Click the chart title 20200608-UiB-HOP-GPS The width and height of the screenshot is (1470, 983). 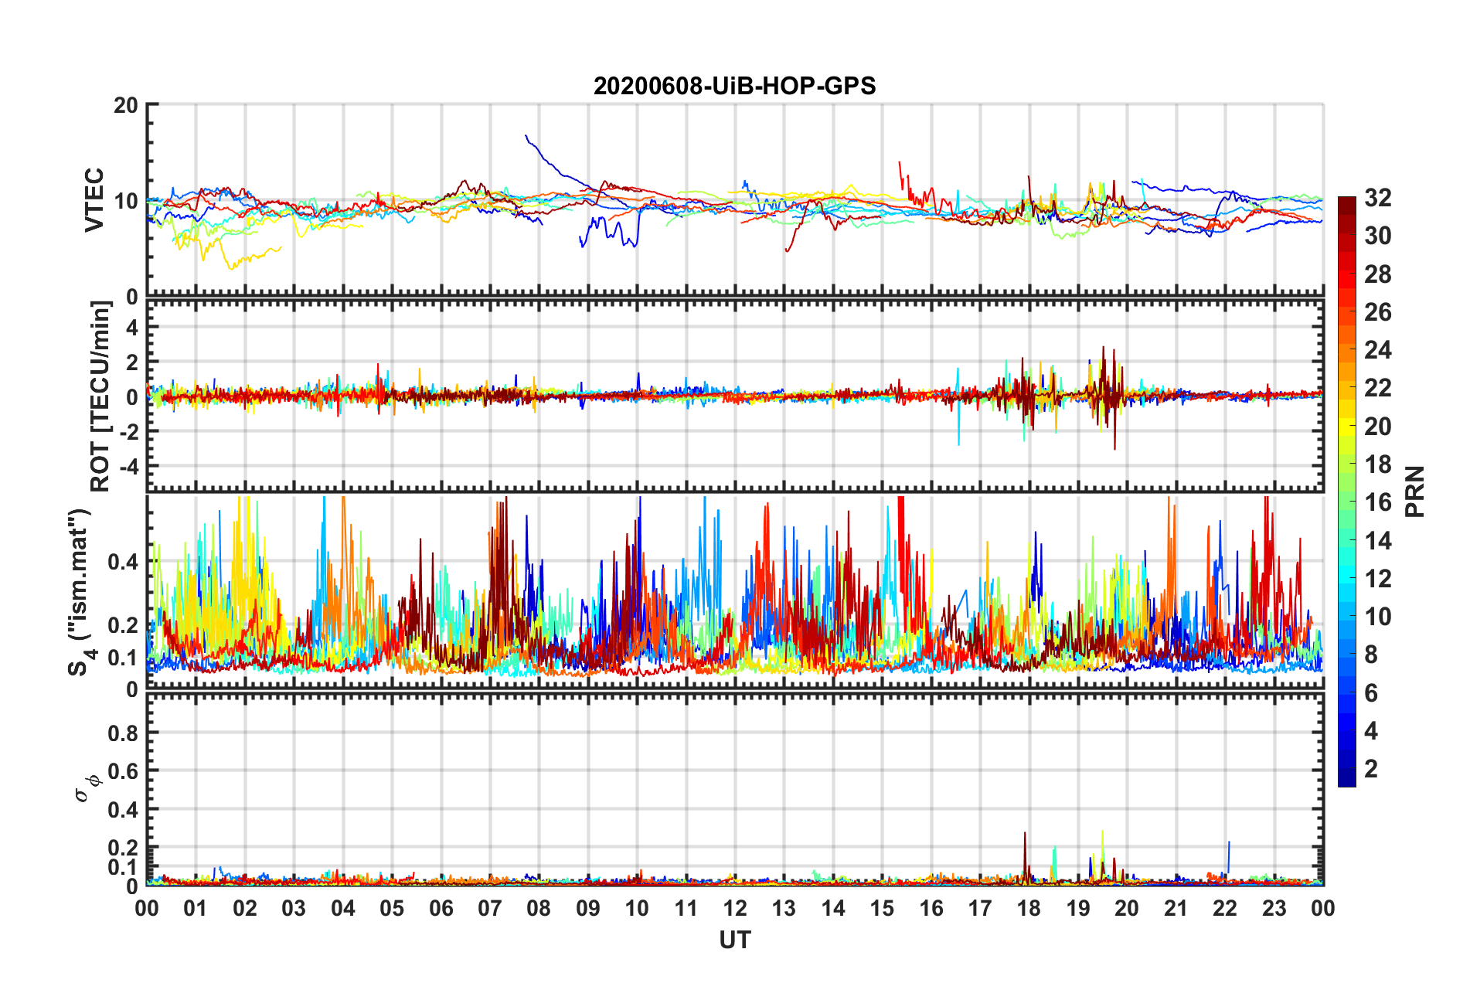click(734, 86)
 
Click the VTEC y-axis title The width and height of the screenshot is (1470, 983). click(94, 199)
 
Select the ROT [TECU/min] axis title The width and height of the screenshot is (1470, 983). click(100, 396)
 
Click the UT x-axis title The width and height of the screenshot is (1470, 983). click(734, 940)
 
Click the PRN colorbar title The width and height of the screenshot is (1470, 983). click(1414, 491)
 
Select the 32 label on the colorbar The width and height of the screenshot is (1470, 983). click(1377, 198)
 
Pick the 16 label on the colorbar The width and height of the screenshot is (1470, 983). click(1377, 502)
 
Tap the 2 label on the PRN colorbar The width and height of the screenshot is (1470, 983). click(1371, 768)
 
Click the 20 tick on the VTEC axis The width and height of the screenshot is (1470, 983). click(126, 105)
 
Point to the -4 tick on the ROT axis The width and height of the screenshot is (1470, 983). click(128, 466)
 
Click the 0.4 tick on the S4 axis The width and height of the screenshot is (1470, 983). click(123, 562)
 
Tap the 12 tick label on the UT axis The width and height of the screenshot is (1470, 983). click(735, 908)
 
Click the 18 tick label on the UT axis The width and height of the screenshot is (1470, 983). click(1029, 908)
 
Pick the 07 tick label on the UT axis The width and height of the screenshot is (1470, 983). click(490, 908)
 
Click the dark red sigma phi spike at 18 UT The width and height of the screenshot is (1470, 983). click(1025, 835)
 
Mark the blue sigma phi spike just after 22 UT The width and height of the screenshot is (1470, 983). click(1229, 844)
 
